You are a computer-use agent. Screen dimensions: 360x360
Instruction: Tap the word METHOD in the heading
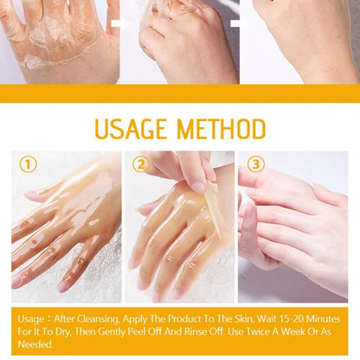click(220, 129)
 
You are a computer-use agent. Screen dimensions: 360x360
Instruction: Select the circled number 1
click(29, 164)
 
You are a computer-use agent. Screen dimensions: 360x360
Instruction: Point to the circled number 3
click(254, 164)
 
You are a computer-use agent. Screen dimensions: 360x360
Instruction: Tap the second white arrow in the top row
click(238, 22)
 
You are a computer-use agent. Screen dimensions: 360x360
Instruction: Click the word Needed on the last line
click(33, 344)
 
